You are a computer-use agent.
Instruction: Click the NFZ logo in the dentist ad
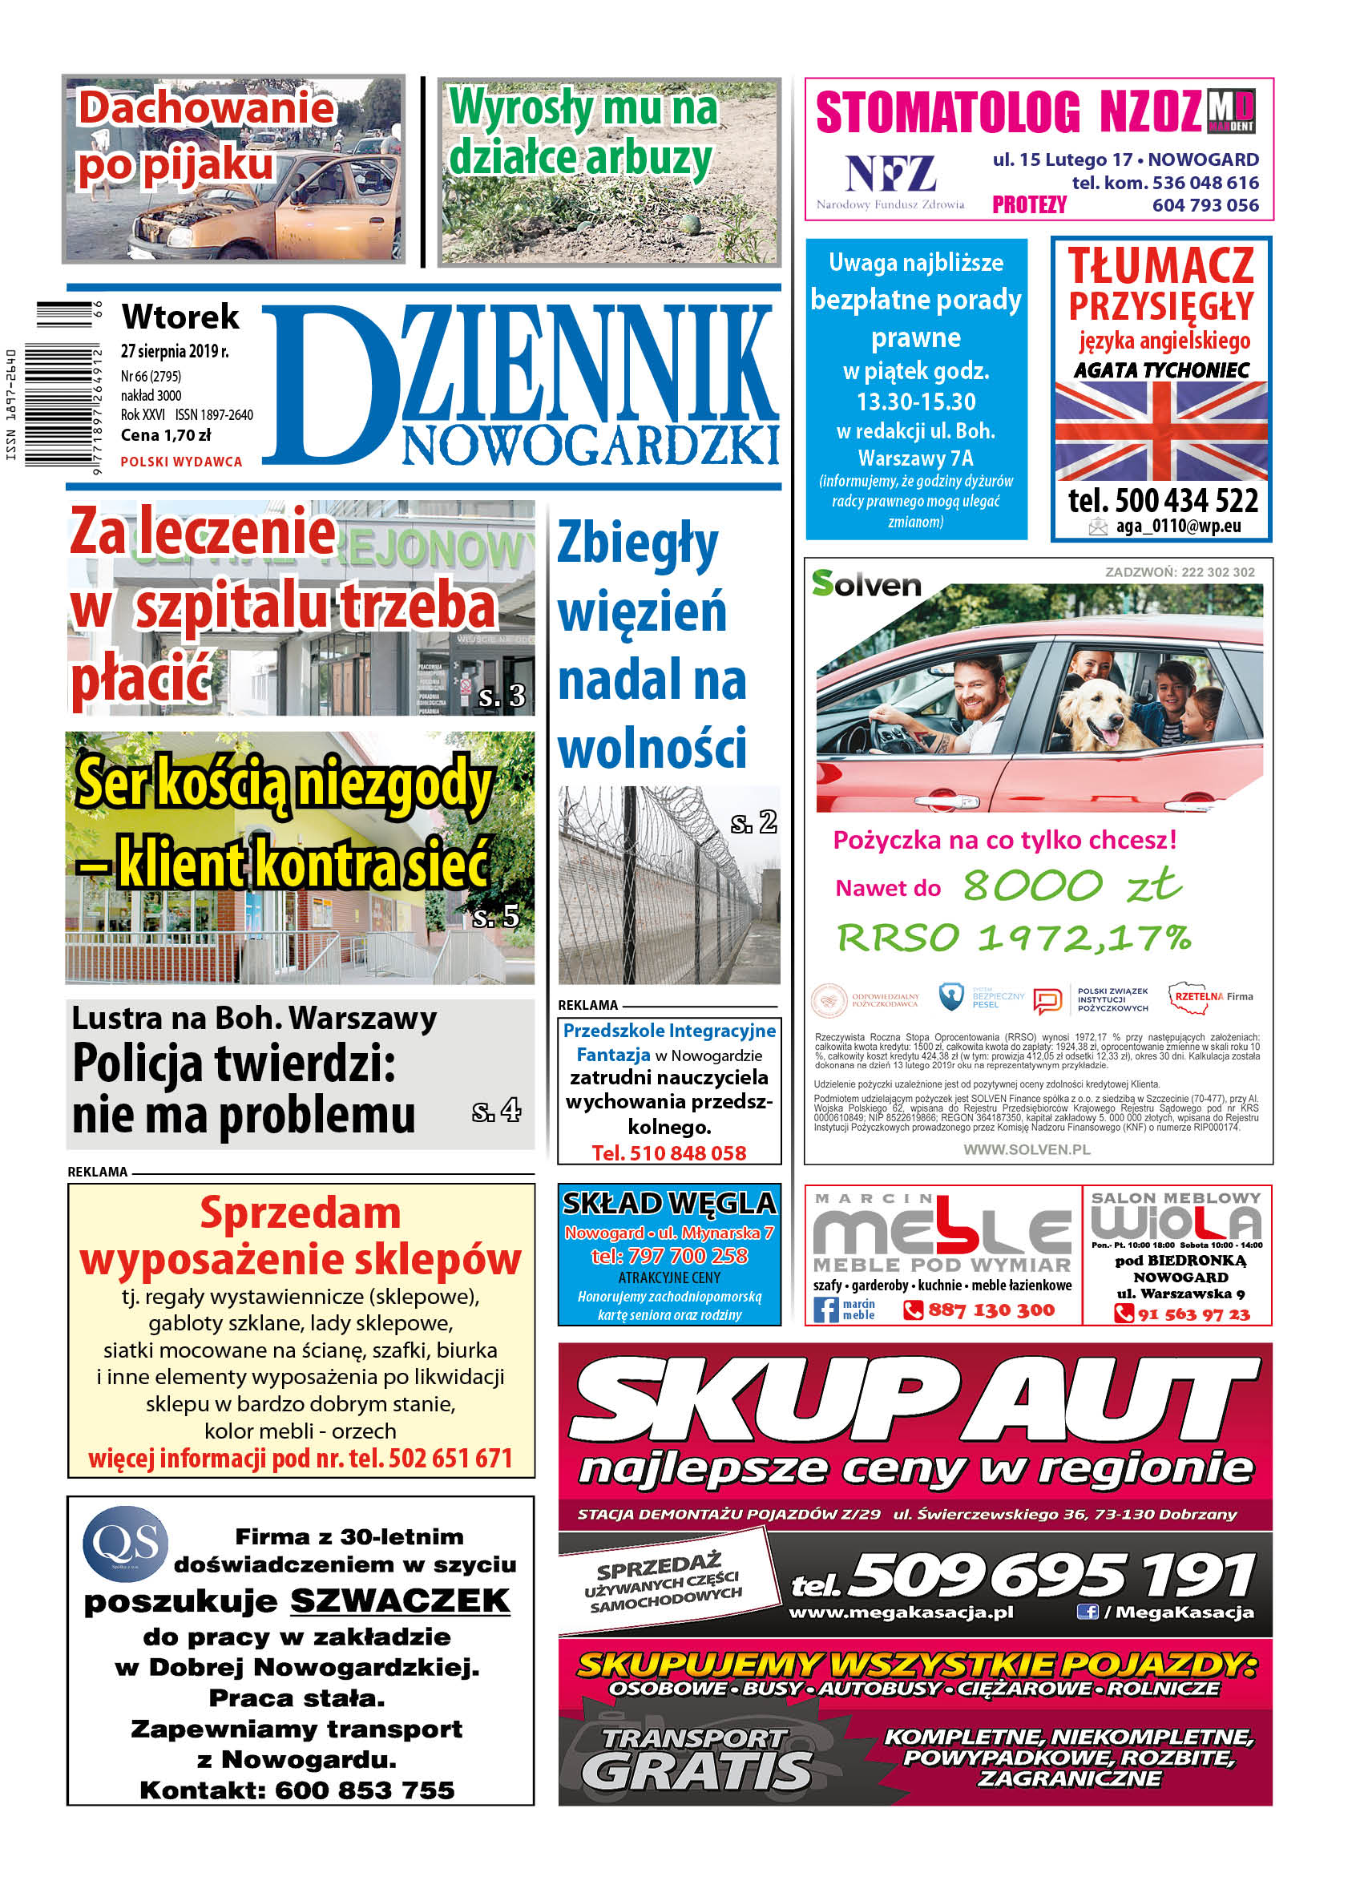890,176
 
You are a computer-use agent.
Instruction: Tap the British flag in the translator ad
1160,430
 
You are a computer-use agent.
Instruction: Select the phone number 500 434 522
1162,501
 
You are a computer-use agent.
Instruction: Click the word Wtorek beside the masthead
180,317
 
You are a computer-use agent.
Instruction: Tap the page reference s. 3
502,696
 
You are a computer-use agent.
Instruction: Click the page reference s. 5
496,917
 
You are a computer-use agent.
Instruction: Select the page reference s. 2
753,822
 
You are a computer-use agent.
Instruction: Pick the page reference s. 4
496,1111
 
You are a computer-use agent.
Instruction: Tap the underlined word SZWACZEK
400,1600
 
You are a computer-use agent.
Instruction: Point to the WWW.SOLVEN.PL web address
1027,1149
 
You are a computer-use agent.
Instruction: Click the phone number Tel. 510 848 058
668,1152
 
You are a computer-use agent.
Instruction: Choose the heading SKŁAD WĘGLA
669,1203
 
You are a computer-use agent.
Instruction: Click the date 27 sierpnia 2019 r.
175,351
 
